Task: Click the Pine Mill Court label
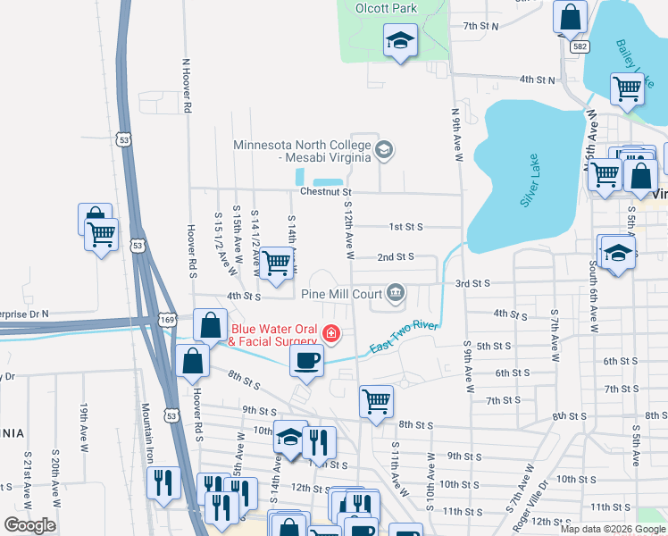[x=340, y=293]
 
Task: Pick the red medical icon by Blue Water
[x=331, y=334]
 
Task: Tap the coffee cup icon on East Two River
[x=306, y=360]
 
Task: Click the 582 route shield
[x=580, y=45]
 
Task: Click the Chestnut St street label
[x=327, y=191]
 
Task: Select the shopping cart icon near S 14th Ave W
[x=279, y=262]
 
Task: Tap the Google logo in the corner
[x=29, y=525]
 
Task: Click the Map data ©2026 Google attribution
[x=612, y=529]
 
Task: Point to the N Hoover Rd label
[x=188, y=86]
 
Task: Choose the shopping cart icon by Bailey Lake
[x=628, y=88]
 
